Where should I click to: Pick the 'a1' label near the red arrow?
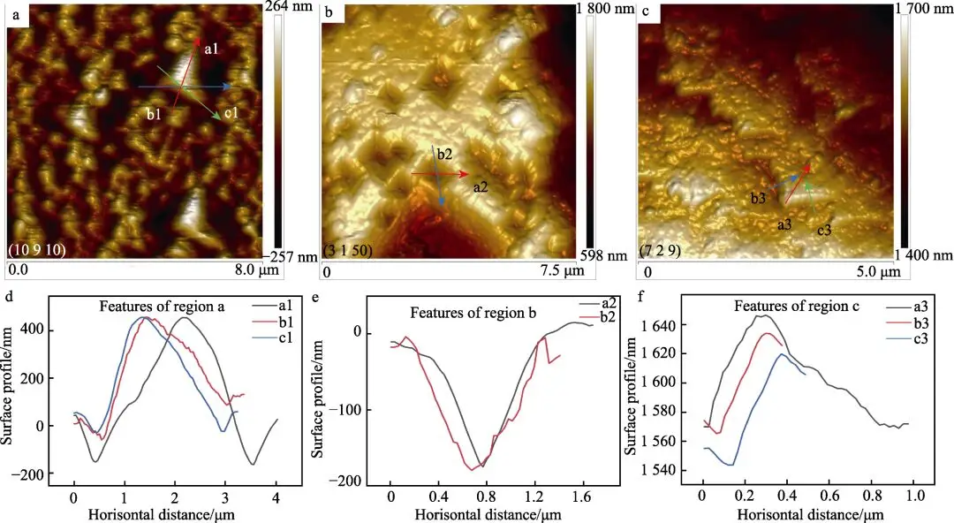point(211,49)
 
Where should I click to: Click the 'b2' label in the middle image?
point(444,155)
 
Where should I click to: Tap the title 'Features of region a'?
point(161,307)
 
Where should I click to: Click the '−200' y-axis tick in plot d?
point(51,475)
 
